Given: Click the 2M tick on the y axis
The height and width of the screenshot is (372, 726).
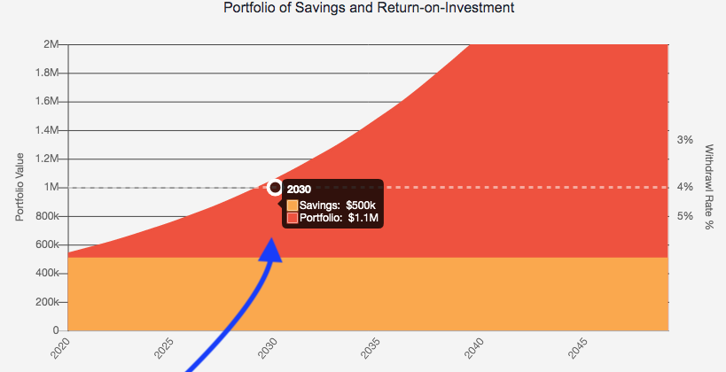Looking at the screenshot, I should click(x=51, y=44).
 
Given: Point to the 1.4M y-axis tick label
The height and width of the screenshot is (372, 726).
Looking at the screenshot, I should click(x=46, y=130).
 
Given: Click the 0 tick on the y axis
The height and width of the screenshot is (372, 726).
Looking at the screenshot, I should click(x=57, y=330).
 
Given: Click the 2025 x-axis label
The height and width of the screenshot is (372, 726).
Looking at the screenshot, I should click(x=161, y=348).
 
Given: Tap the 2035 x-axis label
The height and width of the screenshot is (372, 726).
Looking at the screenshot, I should click(x=370, y=348).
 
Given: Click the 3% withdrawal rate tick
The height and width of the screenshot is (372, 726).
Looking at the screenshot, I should click(x=684, y=140).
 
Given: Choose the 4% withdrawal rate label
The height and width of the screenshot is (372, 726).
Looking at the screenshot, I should click(x=684, y=187).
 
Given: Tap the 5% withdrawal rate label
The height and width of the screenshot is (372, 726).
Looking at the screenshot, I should click(x=684, y=216).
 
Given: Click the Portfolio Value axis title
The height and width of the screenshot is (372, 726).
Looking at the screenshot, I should click(x=19, y=188).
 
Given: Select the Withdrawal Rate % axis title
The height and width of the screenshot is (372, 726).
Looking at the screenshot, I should click(x=708, y=188).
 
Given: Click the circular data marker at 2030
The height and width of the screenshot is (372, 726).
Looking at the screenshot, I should click(x=275, y=188).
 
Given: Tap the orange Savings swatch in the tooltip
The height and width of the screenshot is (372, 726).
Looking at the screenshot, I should click(x=292, y=205).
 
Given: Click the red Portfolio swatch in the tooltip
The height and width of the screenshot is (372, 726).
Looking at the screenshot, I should click(x=292, y=218).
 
